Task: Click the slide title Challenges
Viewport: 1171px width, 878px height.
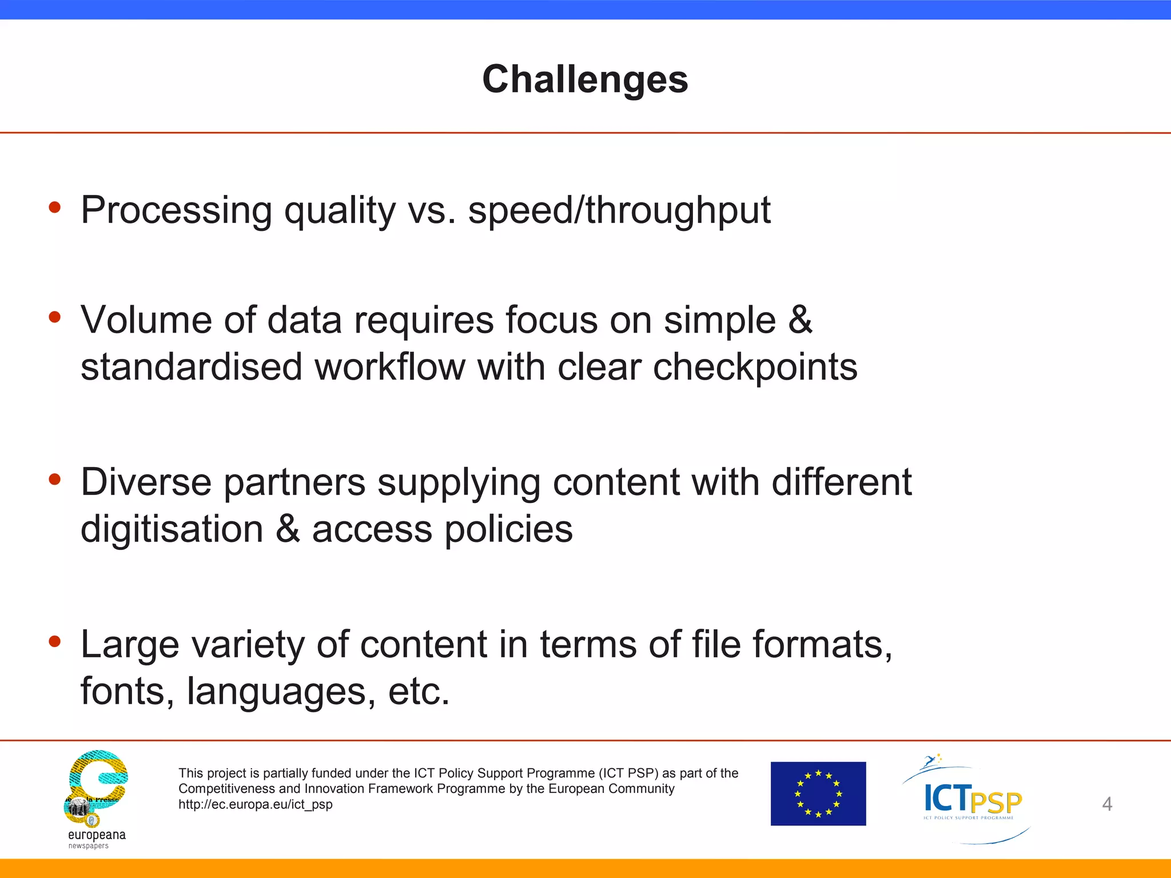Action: coord(585,79)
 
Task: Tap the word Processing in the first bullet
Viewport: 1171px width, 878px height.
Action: coord(176,211)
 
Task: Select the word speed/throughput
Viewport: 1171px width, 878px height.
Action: coord(619,211)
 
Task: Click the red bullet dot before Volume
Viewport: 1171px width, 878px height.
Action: coord(55,317)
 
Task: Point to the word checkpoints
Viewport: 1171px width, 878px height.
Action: coord(755,368)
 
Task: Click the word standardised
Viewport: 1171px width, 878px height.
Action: coord(191,368)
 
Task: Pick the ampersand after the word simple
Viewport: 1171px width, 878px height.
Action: coord(800,320)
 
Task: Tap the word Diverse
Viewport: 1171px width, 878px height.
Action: coord(146,482)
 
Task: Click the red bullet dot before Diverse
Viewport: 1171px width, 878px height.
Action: coord(55,479)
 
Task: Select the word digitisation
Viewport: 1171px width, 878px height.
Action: coord(172,529)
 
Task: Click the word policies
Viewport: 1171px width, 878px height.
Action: coord(508,529)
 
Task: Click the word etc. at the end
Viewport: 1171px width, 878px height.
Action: coord(419,692)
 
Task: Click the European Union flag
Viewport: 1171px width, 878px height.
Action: coord(818,793)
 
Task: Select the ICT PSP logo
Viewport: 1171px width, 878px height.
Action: coord(971,799)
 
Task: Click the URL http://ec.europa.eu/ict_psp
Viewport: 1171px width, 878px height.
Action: coord(255,805)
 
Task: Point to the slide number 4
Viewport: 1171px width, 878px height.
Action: coord(1107,804)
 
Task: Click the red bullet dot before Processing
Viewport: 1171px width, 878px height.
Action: coord(55,207)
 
